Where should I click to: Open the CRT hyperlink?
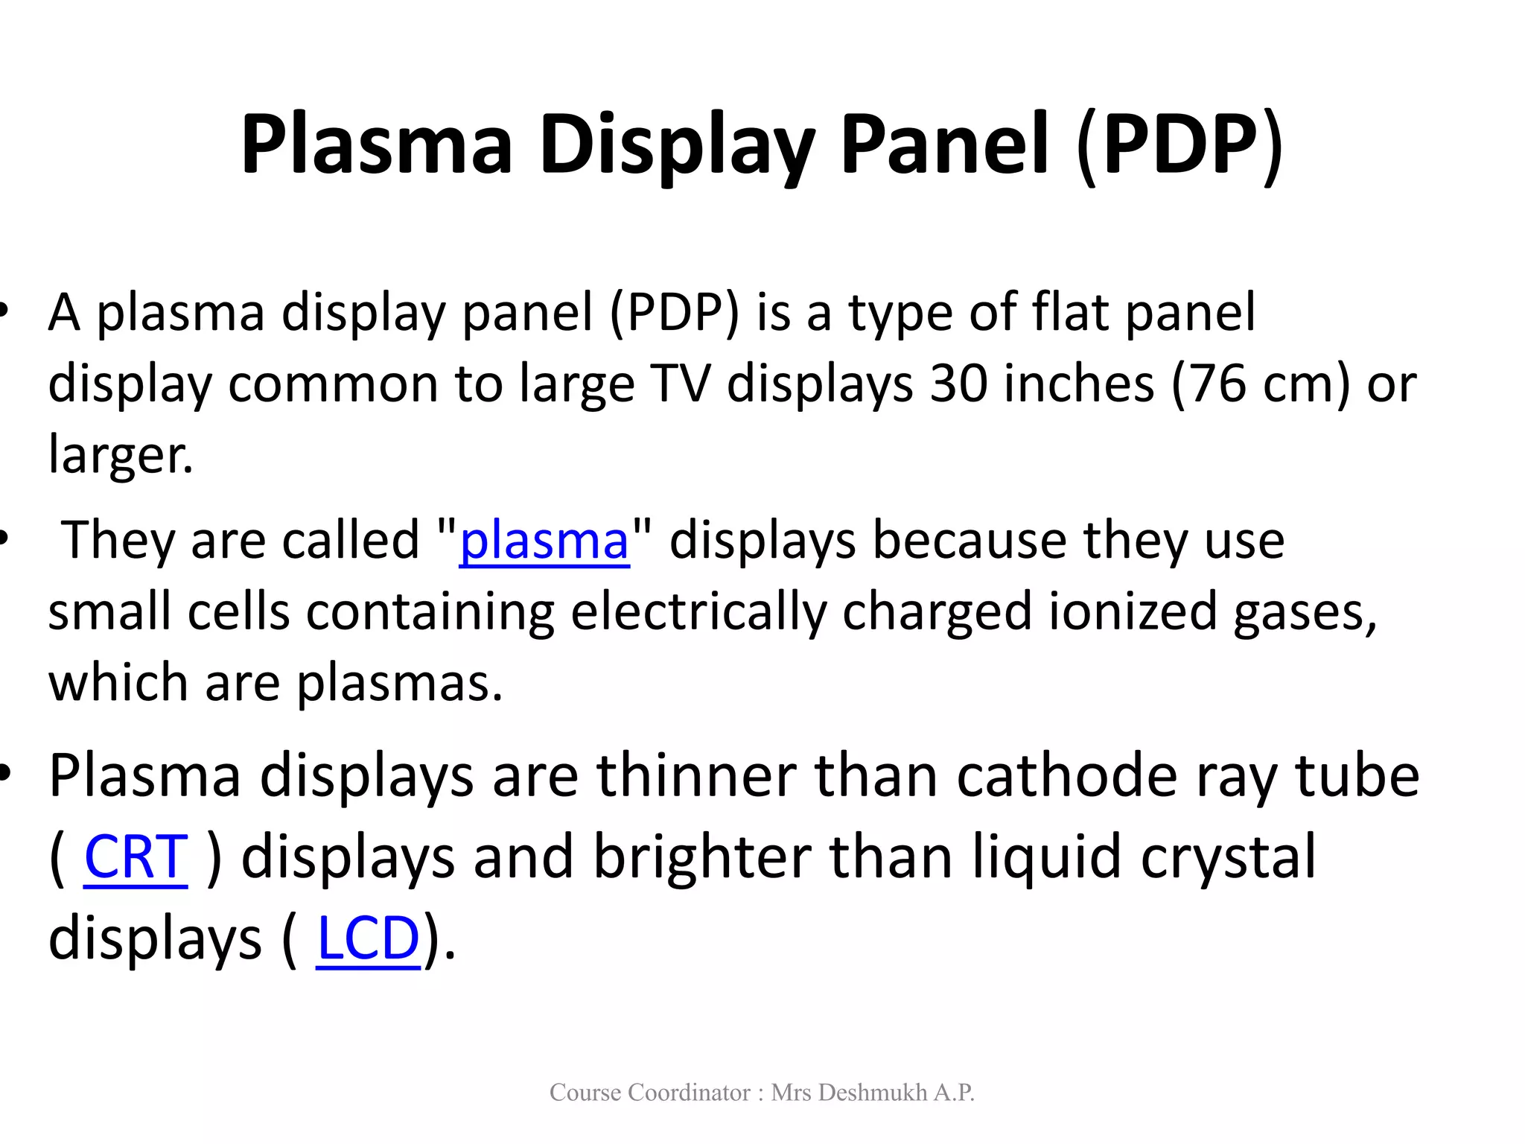pyautogui.click(x=136, y=857)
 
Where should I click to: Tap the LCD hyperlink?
pyautogui.click(x=369, y=938)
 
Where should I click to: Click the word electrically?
pyautogui.click(x=698, y=611)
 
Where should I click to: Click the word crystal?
pyautogui.click(x=1228, y=859)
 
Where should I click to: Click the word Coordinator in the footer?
pyautogui.click(x=689, y=1093)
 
